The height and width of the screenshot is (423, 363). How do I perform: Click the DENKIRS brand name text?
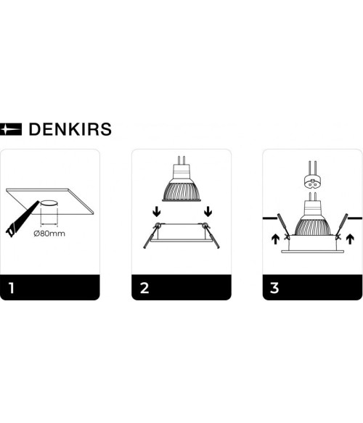pyautogui.click(x=70, y=129)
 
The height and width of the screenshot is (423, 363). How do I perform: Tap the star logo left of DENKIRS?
pyautogui.click(x=11, y=129)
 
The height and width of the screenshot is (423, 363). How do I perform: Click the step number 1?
pyautogui.click(x=11, y=288)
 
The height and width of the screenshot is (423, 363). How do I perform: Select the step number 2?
pyautogui.click(x=144, y=288)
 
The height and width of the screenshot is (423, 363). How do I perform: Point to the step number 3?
pyautogui.click(x=274, y=288)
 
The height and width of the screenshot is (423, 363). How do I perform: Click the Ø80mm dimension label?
pyautogui.click(x=49, y=234)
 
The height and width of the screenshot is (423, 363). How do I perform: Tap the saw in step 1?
pyautogui.click(x=22, y=219)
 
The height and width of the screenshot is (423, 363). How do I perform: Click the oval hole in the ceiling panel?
pyautogui.click(x=49, y=203)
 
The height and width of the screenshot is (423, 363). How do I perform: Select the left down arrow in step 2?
pyautogui.click(x=157, y=212)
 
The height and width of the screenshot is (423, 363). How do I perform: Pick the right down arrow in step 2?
pyautogui.click(x=208, y=212)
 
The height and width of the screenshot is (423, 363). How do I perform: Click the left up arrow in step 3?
pyautogui.click(x=275, y=239)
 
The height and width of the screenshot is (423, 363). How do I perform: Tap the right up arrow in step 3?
pyautogui.click(x=350, y=239)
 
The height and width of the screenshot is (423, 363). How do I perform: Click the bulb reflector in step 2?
pyautogui.click(x=181, y=191)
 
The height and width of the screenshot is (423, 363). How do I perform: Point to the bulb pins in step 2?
pyautogui.click(x=181, y=160)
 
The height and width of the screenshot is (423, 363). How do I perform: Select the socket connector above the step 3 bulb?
pyautogui.click(x=312, y=182)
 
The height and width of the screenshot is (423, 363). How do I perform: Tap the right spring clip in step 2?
pyautogui.click(x=211, y=235)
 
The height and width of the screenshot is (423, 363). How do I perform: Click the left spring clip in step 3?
pyautogui.click(x=283, y=226)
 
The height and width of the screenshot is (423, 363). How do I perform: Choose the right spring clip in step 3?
pyautogui.click(x=342, y=226)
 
